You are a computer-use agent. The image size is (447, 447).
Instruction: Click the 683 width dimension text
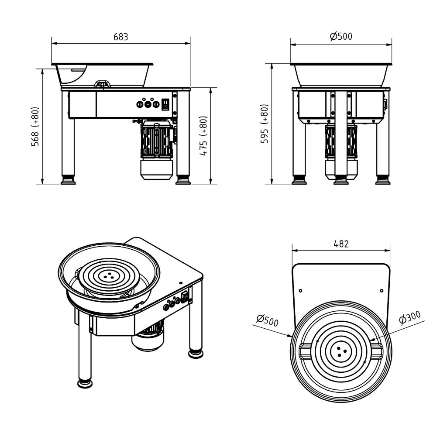(121, 37)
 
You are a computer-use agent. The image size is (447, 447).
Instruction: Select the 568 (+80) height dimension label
(35, 126)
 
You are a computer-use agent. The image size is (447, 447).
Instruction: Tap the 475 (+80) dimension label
(203, 136)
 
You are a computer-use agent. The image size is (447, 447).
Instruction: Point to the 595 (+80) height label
(264, 124)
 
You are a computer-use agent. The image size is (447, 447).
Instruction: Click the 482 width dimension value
(341, 244)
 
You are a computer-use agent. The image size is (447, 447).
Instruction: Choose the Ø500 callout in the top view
(267, 321)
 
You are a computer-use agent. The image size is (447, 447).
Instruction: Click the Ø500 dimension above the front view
(341, 37)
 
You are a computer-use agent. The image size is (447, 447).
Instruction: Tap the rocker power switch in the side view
(165, 104)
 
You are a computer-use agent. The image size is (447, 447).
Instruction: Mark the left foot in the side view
(68, 180)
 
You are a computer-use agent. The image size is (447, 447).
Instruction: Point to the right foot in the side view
(182, 180)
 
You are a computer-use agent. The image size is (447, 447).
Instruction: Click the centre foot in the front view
(340, 180)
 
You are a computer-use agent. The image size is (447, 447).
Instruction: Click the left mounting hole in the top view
(300, 291)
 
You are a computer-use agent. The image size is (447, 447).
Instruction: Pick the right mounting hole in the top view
(381, 291)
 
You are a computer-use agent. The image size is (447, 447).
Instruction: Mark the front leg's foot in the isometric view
(85, 383)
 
